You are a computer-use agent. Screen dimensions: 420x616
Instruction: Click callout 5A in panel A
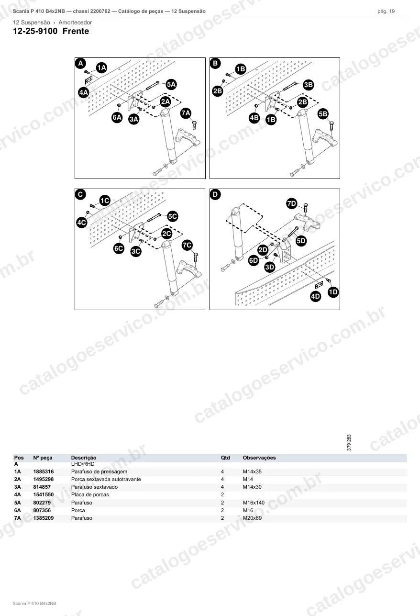pyautogui.click(x=171, y=84)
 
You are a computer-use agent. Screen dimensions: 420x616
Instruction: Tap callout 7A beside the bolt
pyautogui.click(x=186, y=113)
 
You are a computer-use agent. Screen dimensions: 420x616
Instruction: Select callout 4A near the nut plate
pyautogui.click(x=84, y=92)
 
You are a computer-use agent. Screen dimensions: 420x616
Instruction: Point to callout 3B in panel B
pyautogui.click(x=309, y=85)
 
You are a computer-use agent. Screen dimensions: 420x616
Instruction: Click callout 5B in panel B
pyautogui.click(x=323, y=114)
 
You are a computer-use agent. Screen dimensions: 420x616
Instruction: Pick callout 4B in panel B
pyautogui.click(x=254, y=118)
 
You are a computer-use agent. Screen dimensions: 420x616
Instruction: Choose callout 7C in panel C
pyautogui.click(x=187, y=245)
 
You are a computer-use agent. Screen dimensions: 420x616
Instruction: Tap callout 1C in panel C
pyautogui.click(x=105, y=201)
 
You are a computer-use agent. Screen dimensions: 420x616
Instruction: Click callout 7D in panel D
pyautogui.click(x=292, y=204)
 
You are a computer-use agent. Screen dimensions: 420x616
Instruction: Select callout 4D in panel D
pyautogui.click(x=315, y=296)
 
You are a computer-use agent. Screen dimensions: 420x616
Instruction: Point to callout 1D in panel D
pyautogui.click(x=333, y=292)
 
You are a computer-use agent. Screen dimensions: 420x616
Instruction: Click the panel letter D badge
pyautogui.click(x=215, y=194)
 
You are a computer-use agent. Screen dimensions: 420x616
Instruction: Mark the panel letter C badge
pyautogui.click(x=80, y=194)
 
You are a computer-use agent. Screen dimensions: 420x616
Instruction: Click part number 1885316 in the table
pyautogui.click(x=44, y=471)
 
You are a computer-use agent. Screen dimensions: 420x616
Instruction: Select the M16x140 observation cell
pyautogui.click(x=254, y=503)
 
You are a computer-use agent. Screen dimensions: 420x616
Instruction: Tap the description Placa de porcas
pyautogui.click(x=90, y=495)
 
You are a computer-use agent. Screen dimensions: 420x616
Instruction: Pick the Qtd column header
pyautogui.click(x=225, y=458)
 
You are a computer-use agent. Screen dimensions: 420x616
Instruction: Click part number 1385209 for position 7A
pyautogui.click(x=44, y=518)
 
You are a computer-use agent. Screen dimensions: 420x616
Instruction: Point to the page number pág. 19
pyautogui.click(x=386, y=11)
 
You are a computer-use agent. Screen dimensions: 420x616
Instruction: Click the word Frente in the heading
pyautogui.click(x=76, y=31)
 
